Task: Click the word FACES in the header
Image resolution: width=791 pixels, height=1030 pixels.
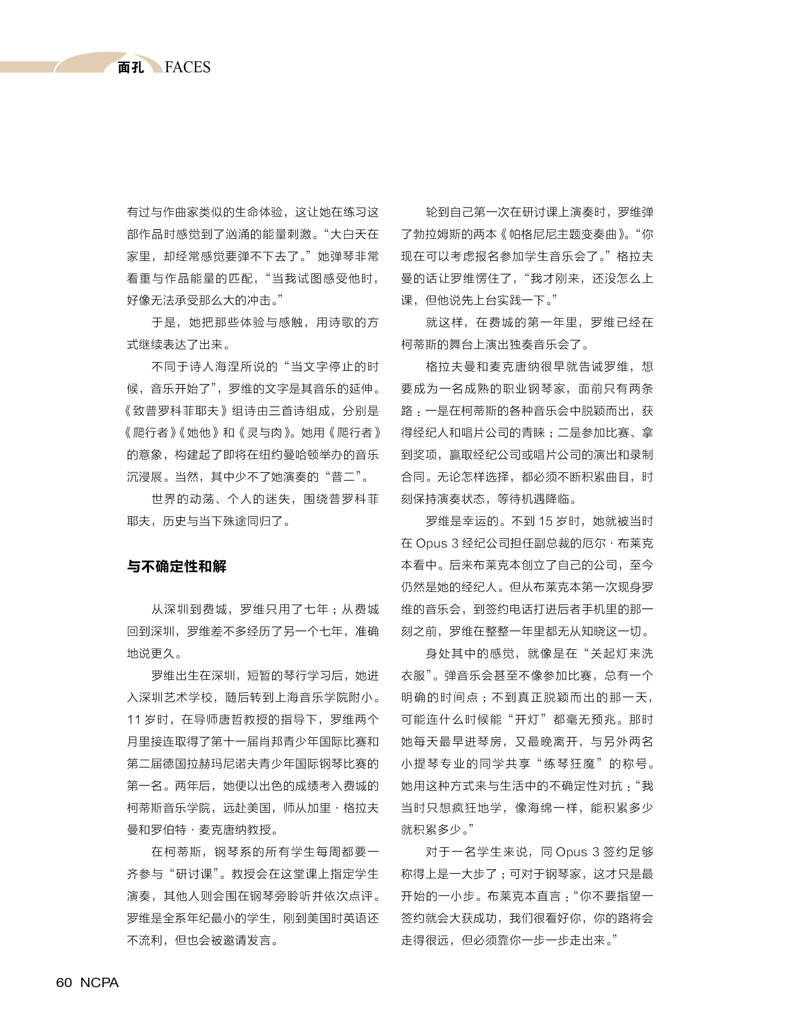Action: click(188, 67)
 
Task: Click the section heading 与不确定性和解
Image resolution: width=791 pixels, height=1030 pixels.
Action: click(177, 566)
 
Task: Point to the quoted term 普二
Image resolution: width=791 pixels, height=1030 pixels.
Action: click(343, 477)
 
